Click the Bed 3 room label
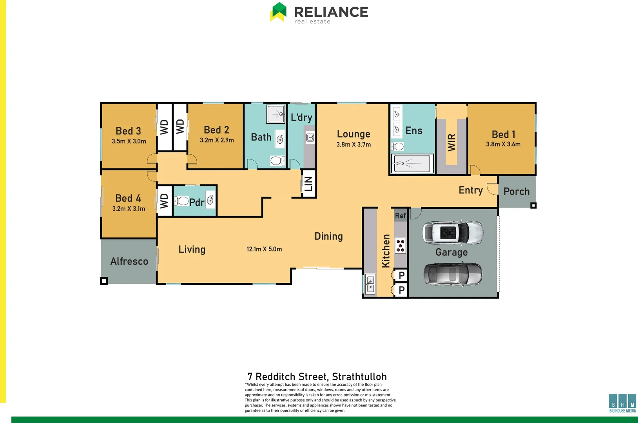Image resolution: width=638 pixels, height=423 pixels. [x=128, y=131]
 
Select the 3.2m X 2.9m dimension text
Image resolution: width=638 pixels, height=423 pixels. [x=217, y=140]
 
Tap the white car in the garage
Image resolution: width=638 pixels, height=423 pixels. [x=453, y=233]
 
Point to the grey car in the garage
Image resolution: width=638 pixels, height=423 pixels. [x=453, y=274]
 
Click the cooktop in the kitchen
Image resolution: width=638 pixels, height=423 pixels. [x=400, y=246]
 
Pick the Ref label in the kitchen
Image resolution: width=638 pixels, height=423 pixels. [x=400, y=215]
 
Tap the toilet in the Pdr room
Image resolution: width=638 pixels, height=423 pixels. [x=182, y=201]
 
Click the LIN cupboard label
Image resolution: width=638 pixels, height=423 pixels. [x=309, y=184]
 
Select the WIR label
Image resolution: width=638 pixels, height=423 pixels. [x=451, y=142]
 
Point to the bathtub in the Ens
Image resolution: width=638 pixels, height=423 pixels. [x=412, y=163]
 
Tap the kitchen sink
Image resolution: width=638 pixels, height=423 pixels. [x=370, y=284]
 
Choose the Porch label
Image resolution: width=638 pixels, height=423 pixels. [x=516, y=192]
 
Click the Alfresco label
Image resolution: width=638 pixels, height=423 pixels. [x=129, y=261]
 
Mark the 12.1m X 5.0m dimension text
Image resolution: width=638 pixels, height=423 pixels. [x=264, y=249]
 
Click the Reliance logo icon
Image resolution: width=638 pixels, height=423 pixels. [x=278, y=12]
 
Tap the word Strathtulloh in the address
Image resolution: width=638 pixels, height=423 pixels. [x=359, y=377]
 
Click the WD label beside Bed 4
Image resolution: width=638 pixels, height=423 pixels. [x=164, y=201]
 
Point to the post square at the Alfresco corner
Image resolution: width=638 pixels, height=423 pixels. [x=104, y=281]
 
